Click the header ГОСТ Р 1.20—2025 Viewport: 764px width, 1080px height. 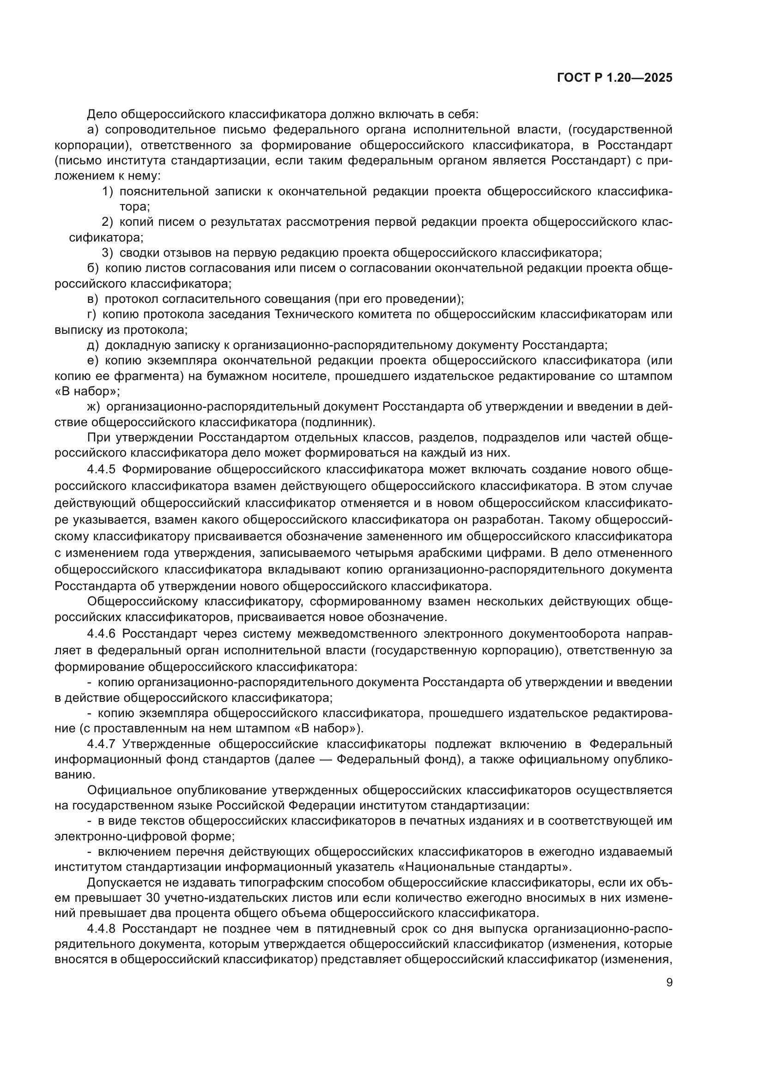tap(614, 78)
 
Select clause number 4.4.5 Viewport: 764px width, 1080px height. tap(101, 470)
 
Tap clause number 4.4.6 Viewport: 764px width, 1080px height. tap(101, 634)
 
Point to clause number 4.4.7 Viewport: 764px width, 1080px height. tap(101, 745)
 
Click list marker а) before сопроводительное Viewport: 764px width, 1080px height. tap(93, 130)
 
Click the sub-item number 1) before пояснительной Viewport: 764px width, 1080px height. tap(108, 192)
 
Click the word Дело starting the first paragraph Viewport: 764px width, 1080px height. tap(102, 115)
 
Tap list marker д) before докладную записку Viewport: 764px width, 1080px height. tap(93, 346)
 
